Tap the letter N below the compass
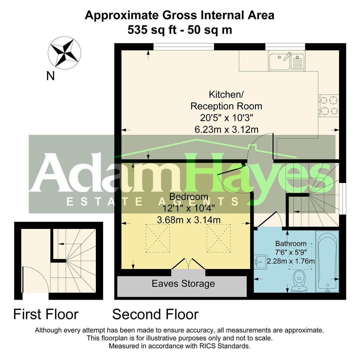pyautogui.click(x=50, y=76)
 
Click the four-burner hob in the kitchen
pyautogui.click(x=329, y=105)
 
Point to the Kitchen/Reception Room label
pyautogui.click(x=226, y=100)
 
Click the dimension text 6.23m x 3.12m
pyautogui.click(x=226, y=129)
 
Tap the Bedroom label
pyautogui.click(x=189, y=197)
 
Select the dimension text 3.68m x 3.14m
pyautogui.click(x=188, y=220)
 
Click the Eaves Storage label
pyautogui.click(x=183, y=284)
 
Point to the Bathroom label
pyautogui.click(x=291, y=244)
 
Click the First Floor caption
pyautogui.click(x=46, y=314)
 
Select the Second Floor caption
pyautogui.click(x=155, y=314)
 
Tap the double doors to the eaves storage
pyautogui.click(x=188, y=264)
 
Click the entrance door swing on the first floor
pyautogui.click(x=35, y=280)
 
